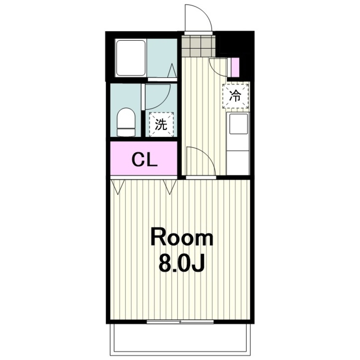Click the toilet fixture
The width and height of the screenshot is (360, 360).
click(x=126, y=122)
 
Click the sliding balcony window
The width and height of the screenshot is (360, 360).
click(x=180, y=322)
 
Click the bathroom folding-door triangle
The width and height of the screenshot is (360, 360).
click(x=172, y=71)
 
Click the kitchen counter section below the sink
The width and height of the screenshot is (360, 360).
click(x=238, y=163)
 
